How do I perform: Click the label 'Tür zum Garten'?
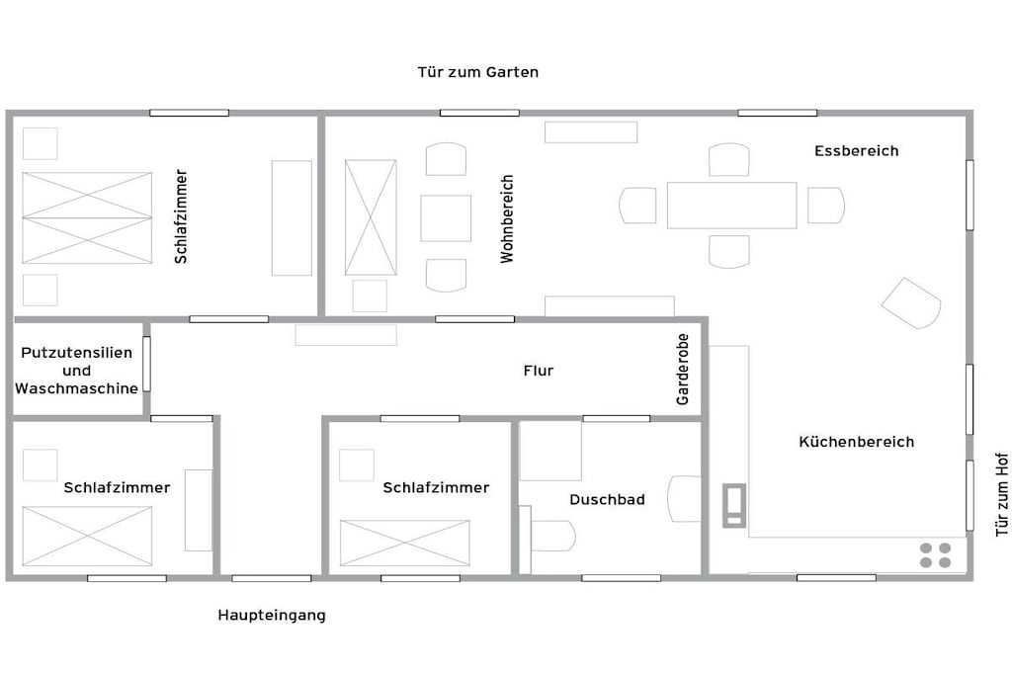tap(477, 71)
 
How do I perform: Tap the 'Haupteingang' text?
tap(272, 615)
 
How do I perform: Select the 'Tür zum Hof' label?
tap(1002, 494)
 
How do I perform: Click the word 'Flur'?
tap(539, 371)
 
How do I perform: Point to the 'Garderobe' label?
tap(682, 369)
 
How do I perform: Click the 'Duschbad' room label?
tap(607, 499)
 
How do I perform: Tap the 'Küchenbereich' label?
tap(857, 442)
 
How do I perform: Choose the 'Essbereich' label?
tap(857, 151)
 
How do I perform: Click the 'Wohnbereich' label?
tap(507, 218)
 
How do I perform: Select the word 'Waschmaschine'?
tap(76, 388)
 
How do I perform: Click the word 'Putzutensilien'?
tap(76, 353)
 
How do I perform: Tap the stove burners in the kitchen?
tap(935, 555)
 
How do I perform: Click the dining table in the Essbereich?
tap(732, 206)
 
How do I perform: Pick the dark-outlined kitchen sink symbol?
tap(734, 505)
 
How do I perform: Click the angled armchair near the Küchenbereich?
tap(910, 303)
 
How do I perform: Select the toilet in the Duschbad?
tap(548, 536)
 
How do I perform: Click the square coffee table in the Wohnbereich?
tap(446, 218)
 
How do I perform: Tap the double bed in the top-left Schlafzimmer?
tap(87, 218)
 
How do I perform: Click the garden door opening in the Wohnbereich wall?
tap(479, 113)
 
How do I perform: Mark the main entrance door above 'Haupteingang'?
tap(271, 578)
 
